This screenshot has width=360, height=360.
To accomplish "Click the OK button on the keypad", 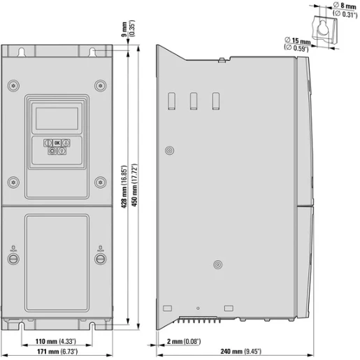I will point(57,142).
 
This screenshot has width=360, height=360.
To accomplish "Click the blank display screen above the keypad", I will point(57,117).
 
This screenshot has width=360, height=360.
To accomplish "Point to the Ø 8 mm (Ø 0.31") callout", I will point(340,9).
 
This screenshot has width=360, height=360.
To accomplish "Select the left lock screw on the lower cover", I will point(13,259).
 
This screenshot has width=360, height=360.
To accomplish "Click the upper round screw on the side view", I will point(169,150).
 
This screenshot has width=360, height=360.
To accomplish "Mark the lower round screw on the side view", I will point(218,265).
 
